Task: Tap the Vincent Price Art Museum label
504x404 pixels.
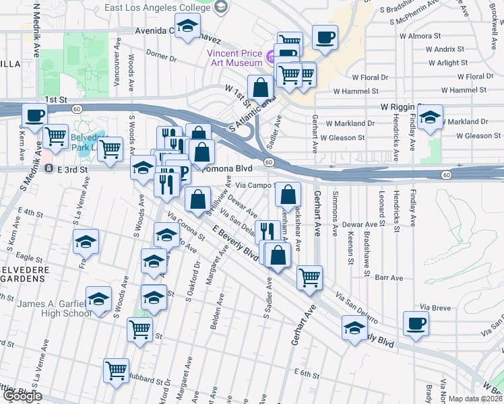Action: (x=234, y=58)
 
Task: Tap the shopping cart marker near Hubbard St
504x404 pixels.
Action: (x=117, y=370)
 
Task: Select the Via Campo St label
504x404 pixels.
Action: (x=255, y=184)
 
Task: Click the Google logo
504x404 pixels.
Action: (x=22, y=396)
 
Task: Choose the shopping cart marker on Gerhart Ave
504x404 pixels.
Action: (x=309, y=277)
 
